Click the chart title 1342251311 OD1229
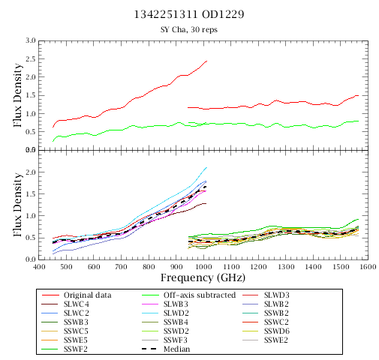pos(189,14)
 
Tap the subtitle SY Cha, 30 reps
pos(189,29)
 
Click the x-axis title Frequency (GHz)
pos(203,277)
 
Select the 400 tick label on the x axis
pos(39,267)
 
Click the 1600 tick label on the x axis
pos(368,267)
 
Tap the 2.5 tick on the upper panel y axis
pos(30,59)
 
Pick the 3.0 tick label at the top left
pos(30,40)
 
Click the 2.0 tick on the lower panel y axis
pos(30,172)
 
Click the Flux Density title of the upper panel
pos(17,95)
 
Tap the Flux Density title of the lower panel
pos(17,205)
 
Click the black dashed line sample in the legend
pos(149,349)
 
